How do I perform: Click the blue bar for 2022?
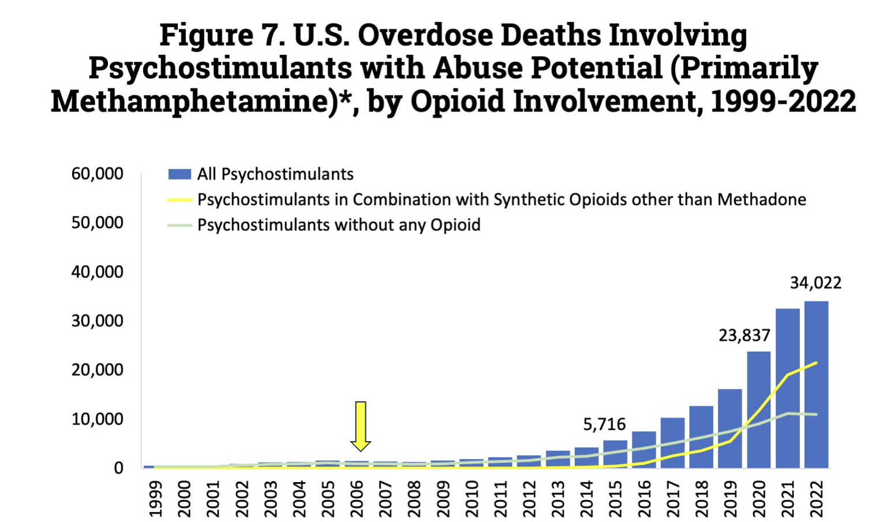point(816,384)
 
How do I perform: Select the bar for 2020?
point(758,409)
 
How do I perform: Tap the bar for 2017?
point(672,442)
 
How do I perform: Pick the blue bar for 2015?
point(615,454)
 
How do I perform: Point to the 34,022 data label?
point(816,283)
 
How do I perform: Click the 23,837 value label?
point(744,335)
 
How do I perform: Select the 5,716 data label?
point(604,424)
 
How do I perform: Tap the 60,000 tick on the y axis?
point(97,173)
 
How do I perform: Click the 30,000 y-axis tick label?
point(97,320)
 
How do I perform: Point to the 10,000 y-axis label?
point(97,419)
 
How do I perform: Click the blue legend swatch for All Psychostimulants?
point(179,174)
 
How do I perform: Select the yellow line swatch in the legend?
point(179,200)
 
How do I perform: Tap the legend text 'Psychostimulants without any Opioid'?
point(339,225)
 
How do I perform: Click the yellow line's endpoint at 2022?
point(816,363)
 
